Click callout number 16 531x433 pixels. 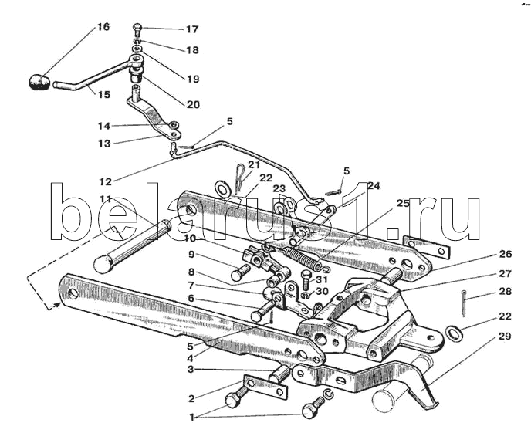(103, 27)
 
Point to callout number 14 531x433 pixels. (103, 126)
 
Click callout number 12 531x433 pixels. (105, 181)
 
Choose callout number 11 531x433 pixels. (105, 199)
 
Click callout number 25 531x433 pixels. (403, 204)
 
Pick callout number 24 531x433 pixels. (374, 186)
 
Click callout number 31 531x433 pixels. (323, 279)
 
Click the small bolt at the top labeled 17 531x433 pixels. (137, 29)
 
